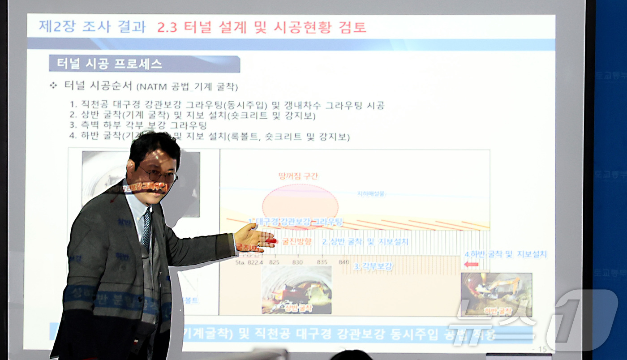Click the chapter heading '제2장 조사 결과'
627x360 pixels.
[x=92, y=27]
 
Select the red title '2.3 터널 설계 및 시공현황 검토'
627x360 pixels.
[x=262, y=28]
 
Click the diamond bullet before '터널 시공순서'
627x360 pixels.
[x=53, y=85]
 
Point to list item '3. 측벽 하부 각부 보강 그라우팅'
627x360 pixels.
[x=138, y=126]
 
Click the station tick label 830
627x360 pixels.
[x=297, y=262]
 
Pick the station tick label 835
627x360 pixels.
[x=322, y=262]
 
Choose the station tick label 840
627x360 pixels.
[x=344, y=262]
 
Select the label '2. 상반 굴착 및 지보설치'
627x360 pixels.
[x=365, y=242]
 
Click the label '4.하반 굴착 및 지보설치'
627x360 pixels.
[x=505, y=254]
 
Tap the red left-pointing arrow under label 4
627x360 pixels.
[x=471, y=264]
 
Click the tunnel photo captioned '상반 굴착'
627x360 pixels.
[x=296, y=290]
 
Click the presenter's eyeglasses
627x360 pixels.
[x=158, y=174]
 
